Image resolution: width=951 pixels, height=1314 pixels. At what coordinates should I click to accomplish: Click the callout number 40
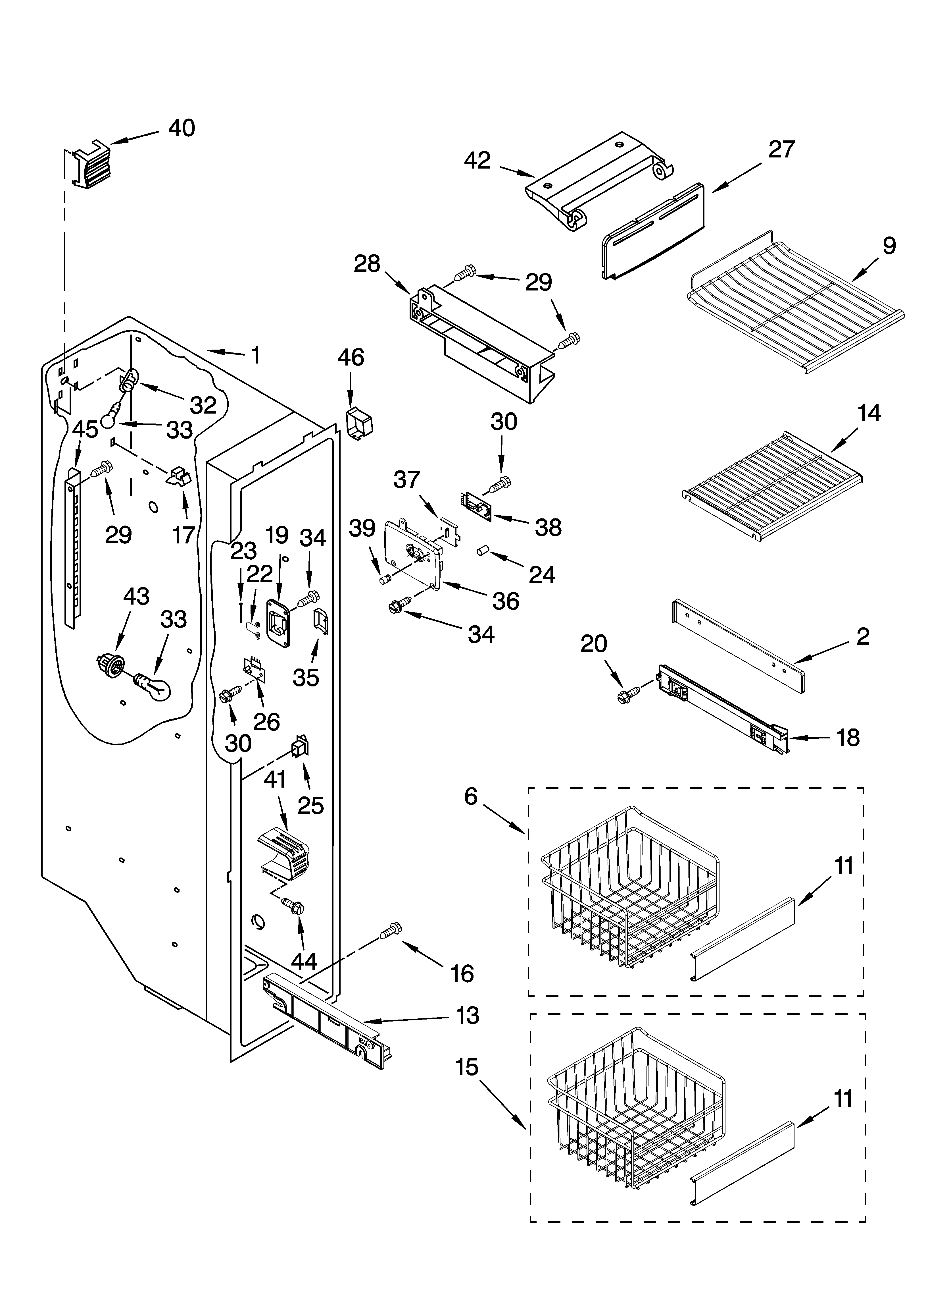coord(181,128)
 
